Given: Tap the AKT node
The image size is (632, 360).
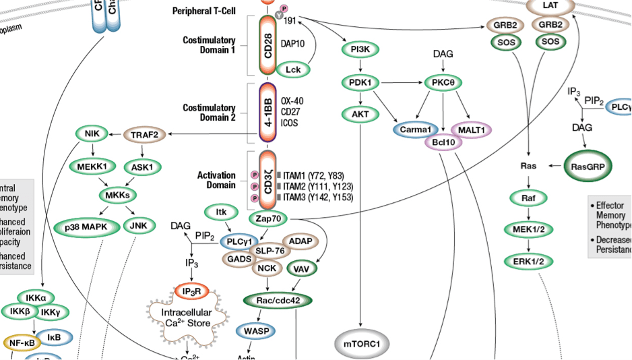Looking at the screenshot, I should click(360, 115).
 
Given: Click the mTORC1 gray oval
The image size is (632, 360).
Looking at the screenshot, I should click(362, 344).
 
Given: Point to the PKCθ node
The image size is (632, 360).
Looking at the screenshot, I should click(443, 82).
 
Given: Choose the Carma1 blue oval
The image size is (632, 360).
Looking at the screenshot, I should click(416, 129).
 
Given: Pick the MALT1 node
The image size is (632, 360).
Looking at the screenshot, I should click(471, 129).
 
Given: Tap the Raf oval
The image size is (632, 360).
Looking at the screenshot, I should click(528, 198).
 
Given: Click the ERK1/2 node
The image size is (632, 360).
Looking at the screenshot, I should click(528, 261).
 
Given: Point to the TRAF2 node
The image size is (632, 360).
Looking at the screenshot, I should click(145, 134).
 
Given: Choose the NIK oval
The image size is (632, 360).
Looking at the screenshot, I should click(92, 133).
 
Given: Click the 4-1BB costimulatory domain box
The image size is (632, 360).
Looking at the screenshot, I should click(267, 113).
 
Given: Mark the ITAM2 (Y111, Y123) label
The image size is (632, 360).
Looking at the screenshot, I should click(317, 186).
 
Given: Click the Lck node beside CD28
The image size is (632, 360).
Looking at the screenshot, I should click(292, 69).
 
